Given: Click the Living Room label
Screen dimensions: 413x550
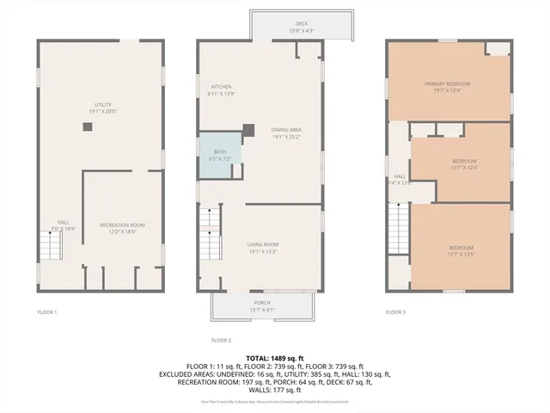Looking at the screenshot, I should pos(263,248).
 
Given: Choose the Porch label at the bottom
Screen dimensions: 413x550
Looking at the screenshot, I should pos(262,305).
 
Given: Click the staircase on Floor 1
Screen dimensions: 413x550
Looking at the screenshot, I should pos(53,247).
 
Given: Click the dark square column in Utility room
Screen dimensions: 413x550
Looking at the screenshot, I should pos(88,126).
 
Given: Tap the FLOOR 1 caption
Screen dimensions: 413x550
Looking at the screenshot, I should pos(46,311).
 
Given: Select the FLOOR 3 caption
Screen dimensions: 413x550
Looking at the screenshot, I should pos(395,311).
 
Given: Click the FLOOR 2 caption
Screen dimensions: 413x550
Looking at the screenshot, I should pos(222,340).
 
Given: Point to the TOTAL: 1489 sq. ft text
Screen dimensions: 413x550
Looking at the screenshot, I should pos(275,358).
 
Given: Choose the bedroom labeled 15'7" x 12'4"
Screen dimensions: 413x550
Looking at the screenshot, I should pos(464,163).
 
